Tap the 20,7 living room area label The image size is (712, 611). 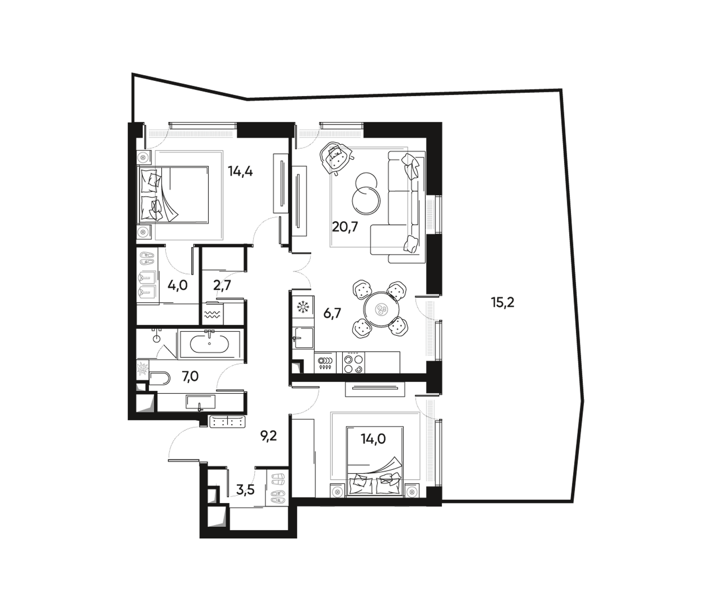tap(345, 227)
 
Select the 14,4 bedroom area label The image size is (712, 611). tap(240, 171)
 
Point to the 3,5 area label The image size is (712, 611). tap(245, 490)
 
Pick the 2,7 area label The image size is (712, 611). tap(222, 285)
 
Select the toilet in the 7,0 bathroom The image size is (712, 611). tap(160, 378)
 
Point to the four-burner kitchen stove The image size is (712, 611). tap(354, 363)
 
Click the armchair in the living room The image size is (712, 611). tap(336, 159)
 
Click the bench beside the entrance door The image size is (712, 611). tap(227, 421)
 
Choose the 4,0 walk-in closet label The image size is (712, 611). tap(177, 285)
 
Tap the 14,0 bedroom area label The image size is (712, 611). tap(373, 439)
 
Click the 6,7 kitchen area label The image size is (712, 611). tap(332, 313)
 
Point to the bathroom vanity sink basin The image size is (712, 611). tap(200, 401)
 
